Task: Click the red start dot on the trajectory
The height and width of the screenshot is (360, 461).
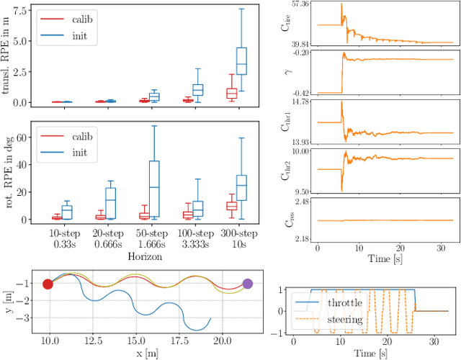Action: click(48, 284)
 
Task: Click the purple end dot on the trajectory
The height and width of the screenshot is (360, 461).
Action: click(247, 283)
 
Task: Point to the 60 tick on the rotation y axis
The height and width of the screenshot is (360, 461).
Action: click(24, 136)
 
